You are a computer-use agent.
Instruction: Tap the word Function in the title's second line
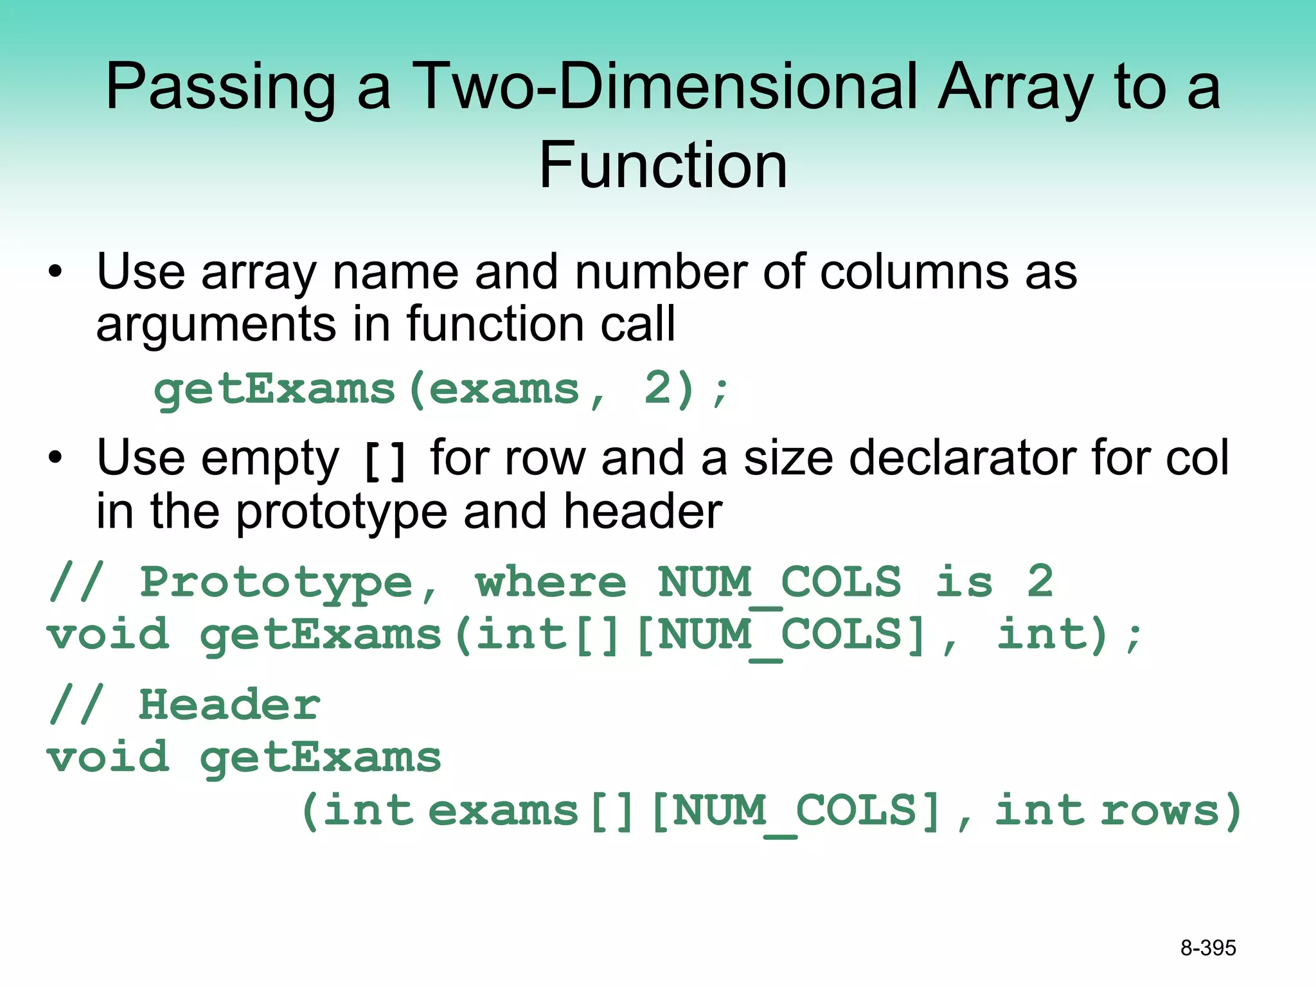coord(662,166)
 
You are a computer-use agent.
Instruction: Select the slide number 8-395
coord(1208,948)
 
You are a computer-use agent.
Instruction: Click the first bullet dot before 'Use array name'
coord(56,272)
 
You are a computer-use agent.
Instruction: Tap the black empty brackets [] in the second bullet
coord(384,461)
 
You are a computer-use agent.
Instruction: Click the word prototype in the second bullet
coord(341,512)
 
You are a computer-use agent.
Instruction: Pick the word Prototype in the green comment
coord(276,582)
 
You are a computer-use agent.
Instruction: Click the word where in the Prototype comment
coord(550,582)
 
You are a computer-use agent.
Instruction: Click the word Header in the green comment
coord(229,704)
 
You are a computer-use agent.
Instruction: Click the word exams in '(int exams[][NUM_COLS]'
coord(503,810)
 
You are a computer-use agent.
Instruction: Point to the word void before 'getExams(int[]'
coord(108,634)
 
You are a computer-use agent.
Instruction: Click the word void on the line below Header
coord(108,757)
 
